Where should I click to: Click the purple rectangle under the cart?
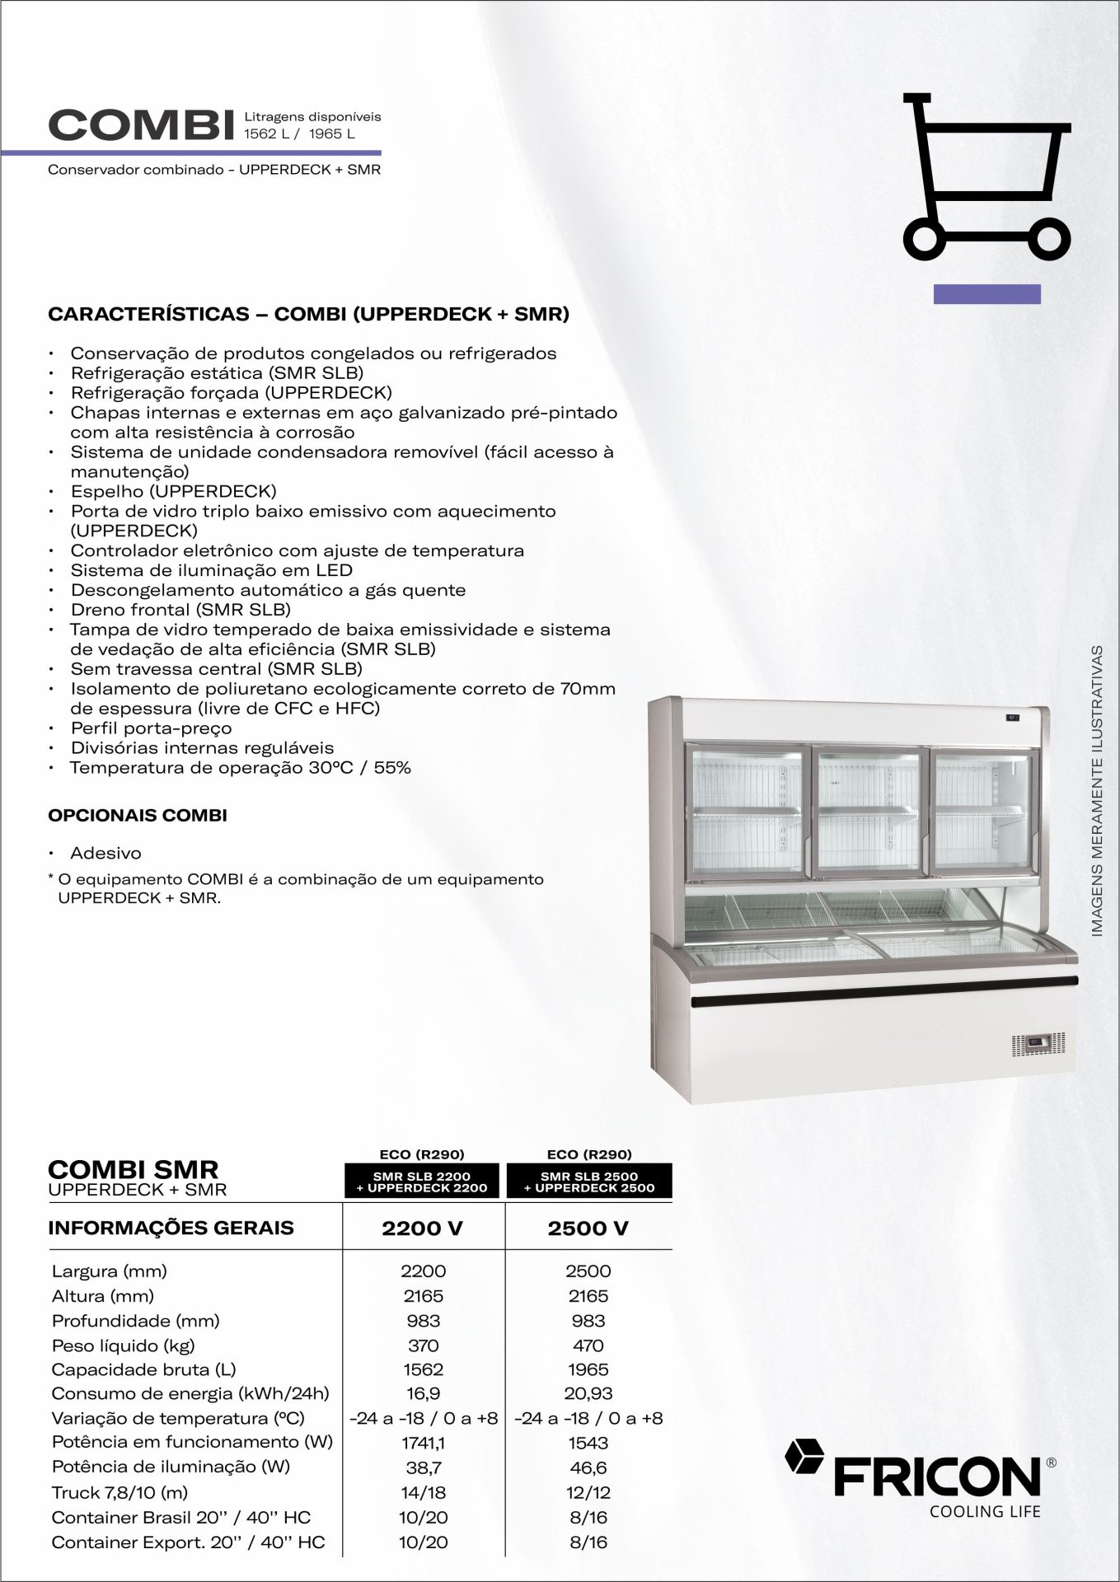(986, 294)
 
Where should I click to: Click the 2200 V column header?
(422, 1229)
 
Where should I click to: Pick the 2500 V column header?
(588, 1229)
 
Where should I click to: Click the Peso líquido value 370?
(423, 1346)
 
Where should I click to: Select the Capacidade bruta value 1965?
(588, 1369)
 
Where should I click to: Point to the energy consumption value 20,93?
(588, 1394)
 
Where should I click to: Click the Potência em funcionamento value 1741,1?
(423, 1443)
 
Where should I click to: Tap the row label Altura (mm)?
(103, 1296)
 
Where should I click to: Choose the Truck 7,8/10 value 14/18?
(423, 1492)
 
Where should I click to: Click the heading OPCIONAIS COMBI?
(138, 816)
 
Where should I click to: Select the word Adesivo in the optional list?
(105, 854)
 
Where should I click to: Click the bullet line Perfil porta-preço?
(151, 728)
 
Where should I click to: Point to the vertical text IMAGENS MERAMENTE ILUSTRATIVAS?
(1097, 790)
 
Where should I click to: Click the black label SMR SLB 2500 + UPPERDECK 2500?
(589, 1182)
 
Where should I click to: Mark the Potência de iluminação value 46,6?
(588, 1467)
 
